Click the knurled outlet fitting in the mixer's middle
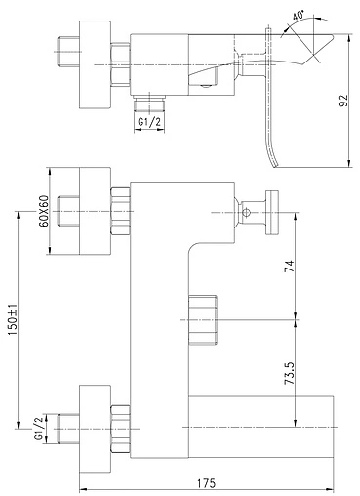tap(200, 318)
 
